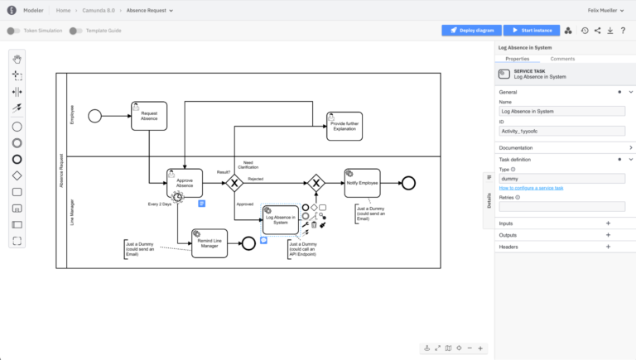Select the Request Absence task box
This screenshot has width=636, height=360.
pos(149,116)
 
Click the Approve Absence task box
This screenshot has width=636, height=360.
pos(184,183)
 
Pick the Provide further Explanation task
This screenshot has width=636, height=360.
pos(344,126)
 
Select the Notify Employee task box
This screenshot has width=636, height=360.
pos(362,183)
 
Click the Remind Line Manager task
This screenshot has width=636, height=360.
pos(209,242)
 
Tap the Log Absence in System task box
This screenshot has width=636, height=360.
pos(280,219)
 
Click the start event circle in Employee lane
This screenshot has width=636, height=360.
pos(95,116)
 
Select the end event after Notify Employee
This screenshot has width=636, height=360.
pos(407,183)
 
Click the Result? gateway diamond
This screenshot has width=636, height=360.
pos(234,183)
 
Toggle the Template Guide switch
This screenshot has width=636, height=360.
pos(75,31)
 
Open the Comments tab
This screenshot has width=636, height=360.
pos(562,59)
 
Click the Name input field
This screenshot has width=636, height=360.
pos(561,111)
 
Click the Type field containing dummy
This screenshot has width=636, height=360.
pos(561,178)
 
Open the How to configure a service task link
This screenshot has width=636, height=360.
pos(531,188)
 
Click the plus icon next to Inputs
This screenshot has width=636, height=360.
pos(608,223)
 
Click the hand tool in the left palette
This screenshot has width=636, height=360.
pos(17,58)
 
